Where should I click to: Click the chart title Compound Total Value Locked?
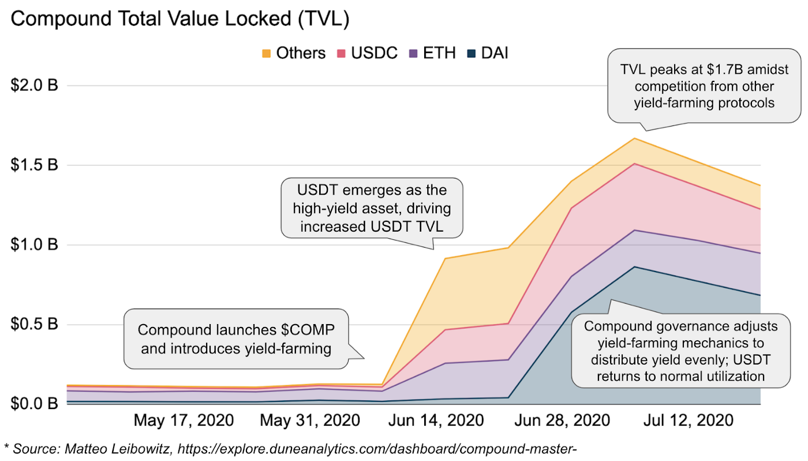click(180, 19)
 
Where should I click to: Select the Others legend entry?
click(294, 54)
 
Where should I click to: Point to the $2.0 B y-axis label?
click(35, 85)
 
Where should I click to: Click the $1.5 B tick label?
click(35, 165)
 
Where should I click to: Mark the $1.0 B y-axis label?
click(35, 245)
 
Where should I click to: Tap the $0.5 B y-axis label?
click(35, 324)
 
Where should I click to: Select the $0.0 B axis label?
click(35, 403)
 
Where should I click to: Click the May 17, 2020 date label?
click(184, 420)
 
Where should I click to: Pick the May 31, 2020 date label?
click(310, 420)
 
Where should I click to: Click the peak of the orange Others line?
click(634, 138)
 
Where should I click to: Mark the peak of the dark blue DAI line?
click(634, 267)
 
